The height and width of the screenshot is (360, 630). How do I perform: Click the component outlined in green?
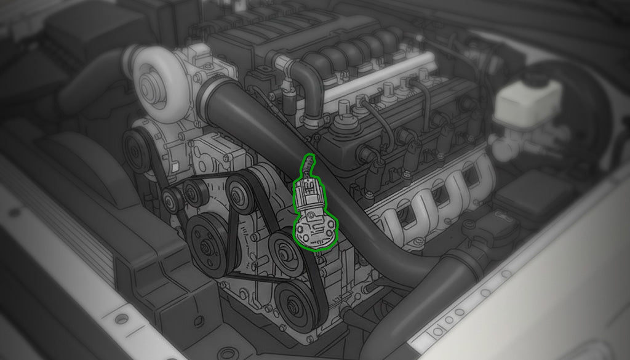click(314, 212)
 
